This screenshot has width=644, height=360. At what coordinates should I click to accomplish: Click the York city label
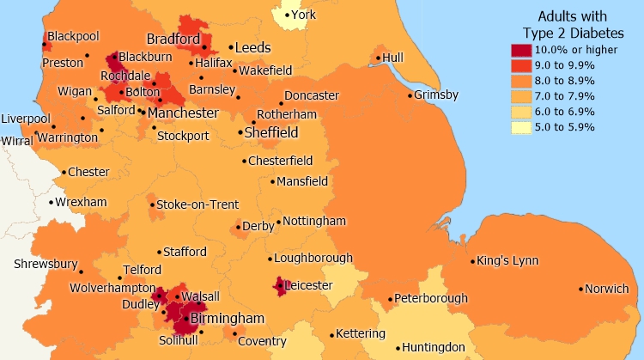[303, 15]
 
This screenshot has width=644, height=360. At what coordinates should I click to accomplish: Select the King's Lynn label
[507, 260]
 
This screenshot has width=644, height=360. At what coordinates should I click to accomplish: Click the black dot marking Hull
[377, 58]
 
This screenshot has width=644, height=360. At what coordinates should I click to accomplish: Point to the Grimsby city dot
[410, 95]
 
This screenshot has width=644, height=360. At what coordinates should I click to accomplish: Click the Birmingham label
[228, 319]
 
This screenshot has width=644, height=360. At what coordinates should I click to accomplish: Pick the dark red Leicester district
[280, 286]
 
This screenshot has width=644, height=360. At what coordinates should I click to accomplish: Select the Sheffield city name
[271, 133]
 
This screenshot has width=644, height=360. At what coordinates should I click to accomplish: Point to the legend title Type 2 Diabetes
[572, 33]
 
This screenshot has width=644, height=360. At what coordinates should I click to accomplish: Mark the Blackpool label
[73, 36]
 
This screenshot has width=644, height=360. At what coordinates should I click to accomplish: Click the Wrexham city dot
[51, 203]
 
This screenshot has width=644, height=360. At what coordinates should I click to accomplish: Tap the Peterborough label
[433, 299]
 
